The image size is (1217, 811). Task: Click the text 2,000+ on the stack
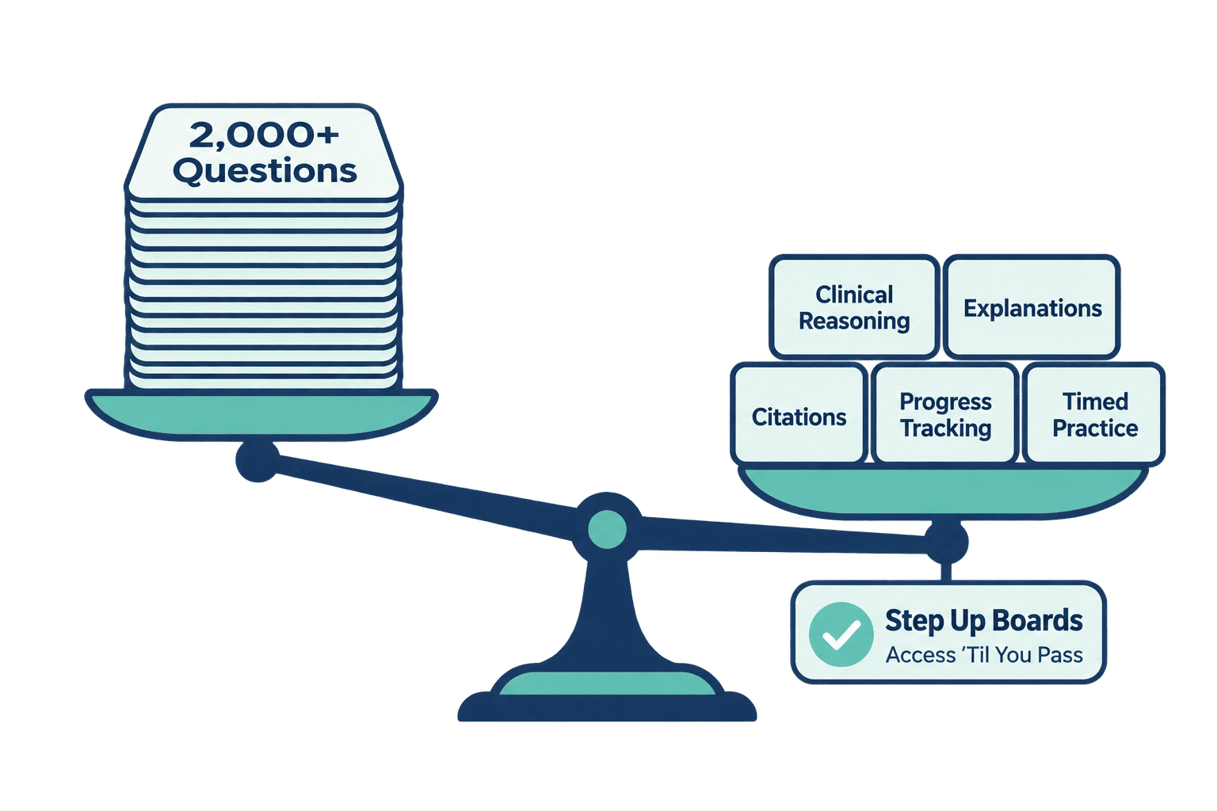click(264, 135)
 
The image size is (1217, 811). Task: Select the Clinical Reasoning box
click(854, 307)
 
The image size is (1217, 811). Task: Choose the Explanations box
click(1032, 307)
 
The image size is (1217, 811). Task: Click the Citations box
click(799, 414)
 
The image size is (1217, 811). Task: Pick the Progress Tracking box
click(945, 414)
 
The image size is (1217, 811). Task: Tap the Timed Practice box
click(1094, 414)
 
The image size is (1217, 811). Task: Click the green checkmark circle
click(841, 634)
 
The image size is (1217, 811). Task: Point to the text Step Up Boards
click(984, 620)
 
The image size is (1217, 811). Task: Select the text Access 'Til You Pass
click(985, 655)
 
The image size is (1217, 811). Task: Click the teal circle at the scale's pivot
click(608, 529)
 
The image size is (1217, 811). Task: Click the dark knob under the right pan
click(946, 542)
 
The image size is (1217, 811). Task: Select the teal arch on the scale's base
click(607, 683)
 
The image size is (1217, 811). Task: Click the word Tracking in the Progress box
click(946, 428)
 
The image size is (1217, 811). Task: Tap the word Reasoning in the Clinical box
click(854, 321)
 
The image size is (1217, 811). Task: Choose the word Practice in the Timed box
click(1095, 428)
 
